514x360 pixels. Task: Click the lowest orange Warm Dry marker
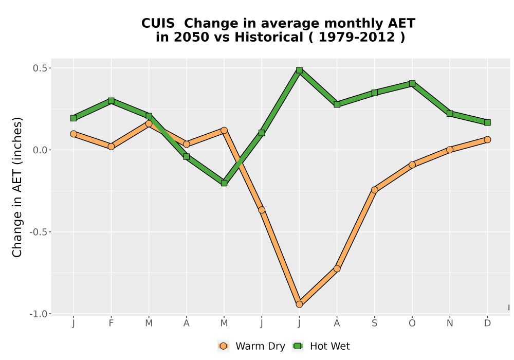pos(299,304)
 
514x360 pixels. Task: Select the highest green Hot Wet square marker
pos(299,70)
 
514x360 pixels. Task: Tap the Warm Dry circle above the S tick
pos(374,190)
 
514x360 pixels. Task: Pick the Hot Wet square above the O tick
pos(412,84)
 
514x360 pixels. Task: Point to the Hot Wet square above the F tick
pos(111,101)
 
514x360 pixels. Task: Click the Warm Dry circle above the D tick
pos(487,140)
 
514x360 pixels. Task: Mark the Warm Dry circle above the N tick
pos(450,150)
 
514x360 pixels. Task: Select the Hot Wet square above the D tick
pos(487,122)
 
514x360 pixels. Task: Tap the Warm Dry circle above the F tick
pos(111,146)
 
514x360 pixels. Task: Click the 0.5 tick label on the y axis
pos(40,68)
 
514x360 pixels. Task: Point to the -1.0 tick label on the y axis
pos(39,314)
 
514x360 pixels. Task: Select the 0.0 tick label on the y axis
pos(40,150)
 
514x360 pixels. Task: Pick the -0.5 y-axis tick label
pos(39,232)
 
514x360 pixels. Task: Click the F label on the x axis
pos(111,323)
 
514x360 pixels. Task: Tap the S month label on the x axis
pos(374,323)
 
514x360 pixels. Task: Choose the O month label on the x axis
pos(412,323)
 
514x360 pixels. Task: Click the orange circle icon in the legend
pos(223,346)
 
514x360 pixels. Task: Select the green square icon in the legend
pos(298,346)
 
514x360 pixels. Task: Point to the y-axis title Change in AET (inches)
pos(17,187)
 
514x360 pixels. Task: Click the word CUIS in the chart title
pos(158,24)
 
